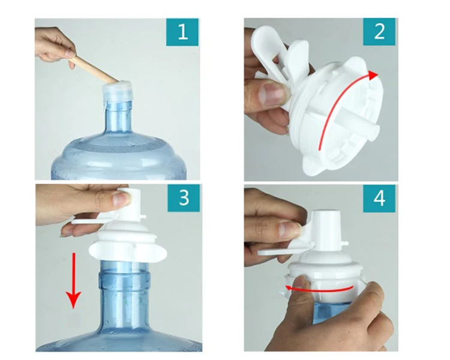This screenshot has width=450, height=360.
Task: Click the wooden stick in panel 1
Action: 90,66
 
